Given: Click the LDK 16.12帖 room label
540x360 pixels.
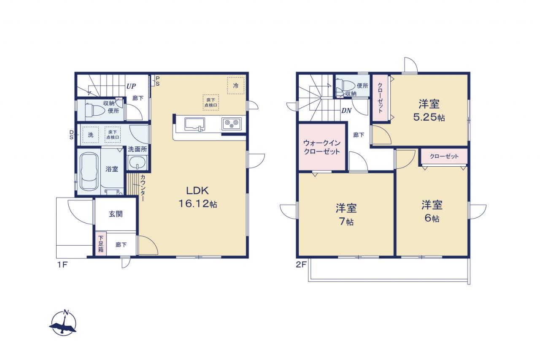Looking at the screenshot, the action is click(x=198, y=197).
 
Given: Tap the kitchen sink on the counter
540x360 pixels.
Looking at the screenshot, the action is click(x=194, y=125).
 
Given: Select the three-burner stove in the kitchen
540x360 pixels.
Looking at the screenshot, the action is click(x=232, y=124).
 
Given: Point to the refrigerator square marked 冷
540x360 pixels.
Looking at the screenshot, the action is click(x=236, y=85).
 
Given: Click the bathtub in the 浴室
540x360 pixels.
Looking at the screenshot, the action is click(x=89, y=171).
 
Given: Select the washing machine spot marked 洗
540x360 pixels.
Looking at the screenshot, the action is click(x=90, y=135).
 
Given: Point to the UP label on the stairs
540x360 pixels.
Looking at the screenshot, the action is click(x=131, y=86).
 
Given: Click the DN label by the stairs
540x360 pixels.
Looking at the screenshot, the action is click(x=346, y=111).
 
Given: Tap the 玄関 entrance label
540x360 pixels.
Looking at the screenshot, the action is click(x=116, y=214).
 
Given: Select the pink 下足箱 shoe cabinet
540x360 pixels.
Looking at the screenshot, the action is click(x=101, y=244).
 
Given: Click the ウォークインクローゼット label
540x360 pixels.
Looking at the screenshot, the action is click(x=322, y=147).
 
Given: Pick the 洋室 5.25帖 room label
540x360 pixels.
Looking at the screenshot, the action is click(x=429, y=111).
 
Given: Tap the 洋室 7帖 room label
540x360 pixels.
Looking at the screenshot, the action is click(x=346, y=214).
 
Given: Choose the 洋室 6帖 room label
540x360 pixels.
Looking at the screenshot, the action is click(x=432, y=211).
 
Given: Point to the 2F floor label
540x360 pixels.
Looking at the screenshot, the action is click(x=301, y=265).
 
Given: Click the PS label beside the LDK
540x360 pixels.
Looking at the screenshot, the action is click(x=157, y=81).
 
